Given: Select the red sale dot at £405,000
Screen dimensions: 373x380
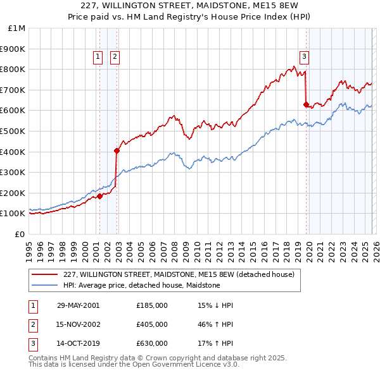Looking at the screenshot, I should [x=117, y=150].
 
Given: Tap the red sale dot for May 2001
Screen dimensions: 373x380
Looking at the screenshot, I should [x=100, y=196].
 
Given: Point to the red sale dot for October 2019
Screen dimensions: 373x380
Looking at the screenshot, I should [x=306, y=104].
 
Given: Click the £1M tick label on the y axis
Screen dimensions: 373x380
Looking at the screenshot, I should [x=18, y=28].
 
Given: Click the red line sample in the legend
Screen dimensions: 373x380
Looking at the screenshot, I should [x=44, y=275].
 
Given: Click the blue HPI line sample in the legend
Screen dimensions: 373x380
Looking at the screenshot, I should [x=44, y=285].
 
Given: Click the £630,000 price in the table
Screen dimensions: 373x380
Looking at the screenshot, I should [x=152, y=343].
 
